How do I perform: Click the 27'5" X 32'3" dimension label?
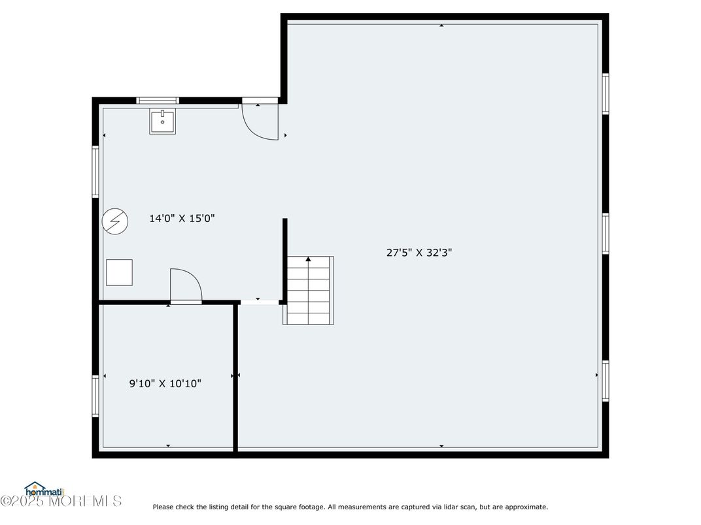click(419, 253)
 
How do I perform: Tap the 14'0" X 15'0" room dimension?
click(182, 218)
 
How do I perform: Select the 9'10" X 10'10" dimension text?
click(165, 383)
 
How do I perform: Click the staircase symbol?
click(309, 290)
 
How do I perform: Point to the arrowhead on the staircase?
click(308, 259)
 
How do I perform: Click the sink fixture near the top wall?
click(162, 121)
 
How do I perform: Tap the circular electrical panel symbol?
click(115, 221)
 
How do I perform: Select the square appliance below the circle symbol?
click(119, 272)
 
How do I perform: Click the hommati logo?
click(44, 489)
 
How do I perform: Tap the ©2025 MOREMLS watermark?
click(61, 501)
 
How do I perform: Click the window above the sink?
click(158, 101)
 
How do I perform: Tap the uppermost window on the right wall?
click(606, 94)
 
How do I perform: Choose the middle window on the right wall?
click(606, 234)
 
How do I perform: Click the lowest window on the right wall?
click(606, 381)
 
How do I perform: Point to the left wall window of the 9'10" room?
click(95, 396)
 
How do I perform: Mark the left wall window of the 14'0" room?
click(95, 172)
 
